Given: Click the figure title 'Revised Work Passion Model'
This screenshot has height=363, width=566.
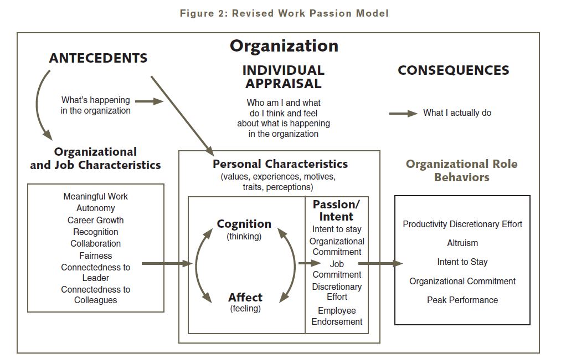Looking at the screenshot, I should click(x=284, y=13).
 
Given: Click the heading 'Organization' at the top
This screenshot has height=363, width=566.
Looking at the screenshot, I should click(x=284, y=45).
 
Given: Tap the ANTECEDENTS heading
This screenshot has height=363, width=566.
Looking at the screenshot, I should click(x=98, y=58).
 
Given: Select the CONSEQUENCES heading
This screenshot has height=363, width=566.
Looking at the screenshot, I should click(x=453, y=70).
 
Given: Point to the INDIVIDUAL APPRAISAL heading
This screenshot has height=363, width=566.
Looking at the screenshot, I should click(x=283, y=77).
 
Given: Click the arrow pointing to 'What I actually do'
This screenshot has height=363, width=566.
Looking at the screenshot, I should click(x=403, y=113).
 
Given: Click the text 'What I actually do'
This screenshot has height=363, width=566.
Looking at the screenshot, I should click(x=457, y=113).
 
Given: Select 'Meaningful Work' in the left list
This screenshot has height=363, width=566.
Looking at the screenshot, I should click(x=95, y=197).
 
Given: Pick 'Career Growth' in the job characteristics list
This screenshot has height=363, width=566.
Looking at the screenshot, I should click(x=95, y=220).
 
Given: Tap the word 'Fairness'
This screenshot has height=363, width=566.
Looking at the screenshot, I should click(x=95, y=255).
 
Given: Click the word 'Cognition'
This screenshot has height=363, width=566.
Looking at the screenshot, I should click(x=244, y=224).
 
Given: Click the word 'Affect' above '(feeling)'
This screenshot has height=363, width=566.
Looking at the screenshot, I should click(x=245, y=298).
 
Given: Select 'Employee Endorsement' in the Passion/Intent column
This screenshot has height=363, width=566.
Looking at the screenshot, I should click(x=337, y=316).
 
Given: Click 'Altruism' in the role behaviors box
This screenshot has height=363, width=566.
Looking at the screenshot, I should click(x=462, y=243).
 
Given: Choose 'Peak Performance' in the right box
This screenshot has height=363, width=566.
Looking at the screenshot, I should click(x=462, y=300).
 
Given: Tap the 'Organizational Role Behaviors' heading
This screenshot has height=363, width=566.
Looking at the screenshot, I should click(x=461, y=171).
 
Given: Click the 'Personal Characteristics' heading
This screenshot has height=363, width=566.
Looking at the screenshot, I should click(x=280, y=164).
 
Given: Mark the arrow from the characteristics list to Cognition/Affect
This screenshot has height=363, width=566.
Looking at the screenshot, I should click(x=166, y=264).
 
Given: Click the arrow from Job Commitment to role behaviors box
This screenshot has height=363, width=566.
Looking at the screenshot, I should click(x=380, y=264).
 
